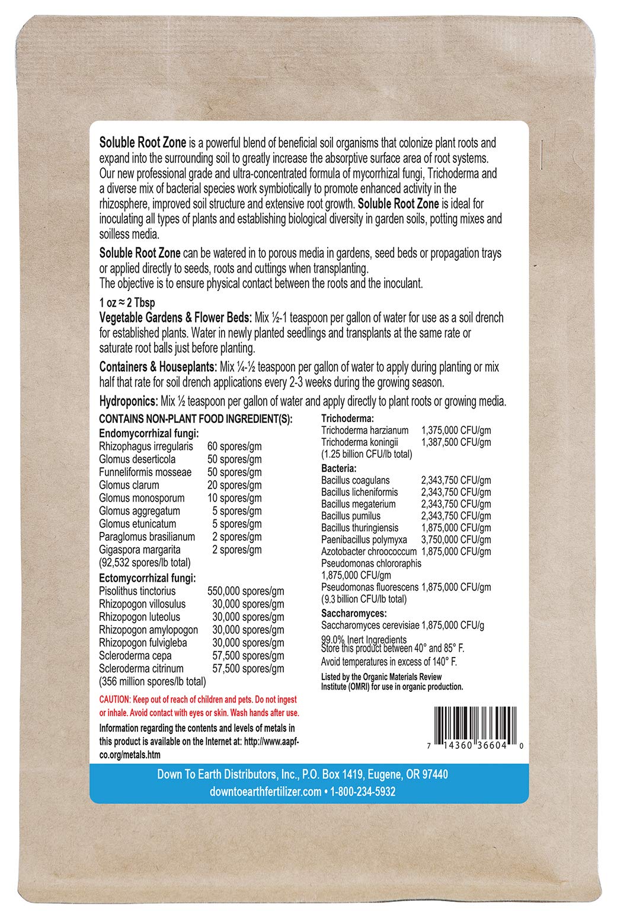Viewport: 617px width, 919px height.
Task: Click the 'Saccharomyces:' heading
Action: (354, 613)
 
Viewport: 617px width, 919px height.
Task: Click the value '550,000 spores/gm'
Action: (245, 591)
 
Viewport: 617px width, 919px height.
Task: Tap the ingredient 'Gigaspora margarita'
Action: (140, 550)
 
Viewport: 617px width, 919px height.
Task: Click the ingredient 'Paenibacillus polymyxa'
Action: (364, 540)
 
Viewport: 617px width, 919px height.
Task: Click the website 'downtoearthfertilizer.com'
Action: (266, 792)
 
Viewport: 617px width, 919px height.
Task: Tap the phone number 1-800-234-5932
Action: (363, 792)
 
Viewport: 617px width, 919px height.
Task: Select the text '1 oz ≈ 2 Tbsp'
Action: (127, 303)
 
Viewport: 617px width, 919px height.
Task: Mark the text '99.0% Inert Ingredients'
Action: (364, 639)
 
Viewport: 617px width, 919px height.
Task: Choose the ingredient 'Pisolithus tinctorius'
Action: (138, 591)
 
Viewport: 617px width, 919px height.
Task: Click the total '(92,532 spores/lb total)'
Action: (145, 563)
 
